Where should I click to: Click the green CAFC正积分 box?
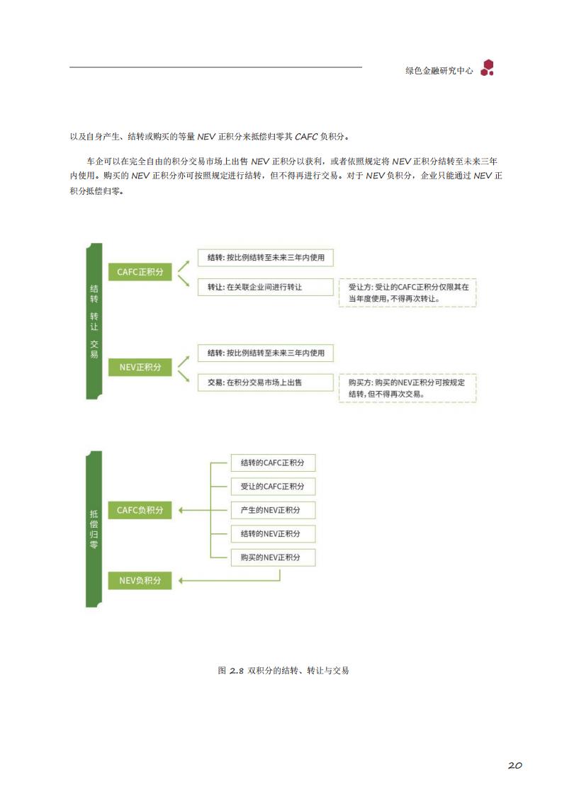[140, 272]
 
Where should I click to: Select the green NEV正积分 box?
[140, 367]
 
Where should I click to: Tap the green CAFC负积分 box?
[140, 510]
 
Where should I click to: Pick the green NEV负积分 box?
[140, 580]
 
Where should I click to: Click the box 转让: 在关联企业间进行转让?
[266, 287]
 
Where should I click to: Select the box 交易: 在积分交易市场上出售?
[266, 382]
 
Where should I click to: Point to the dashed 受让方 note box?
[408, 293]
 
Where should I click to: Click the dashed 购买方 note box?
[408, 388]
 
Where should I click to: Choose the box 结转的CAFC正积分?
[273, 463]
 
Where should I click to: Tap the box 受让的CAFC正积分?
[273, 486]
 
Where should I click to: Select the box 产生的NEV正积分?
[273, 510]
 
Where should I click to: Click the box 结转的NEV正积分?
[273, 534]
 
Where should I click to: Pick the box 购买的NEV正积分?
[273, 557]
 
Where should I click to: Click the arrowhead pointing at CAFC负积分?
[181, 510]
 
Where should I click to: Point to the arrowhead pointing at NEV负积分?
[181, 580]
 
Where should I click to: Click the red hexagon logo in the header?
[488, 68]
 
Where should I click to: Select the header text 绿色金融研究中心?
[439, 71]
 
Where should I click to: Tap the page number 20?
[515, 765]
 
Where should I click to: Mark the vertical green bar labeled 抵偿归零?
[94, 529]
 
